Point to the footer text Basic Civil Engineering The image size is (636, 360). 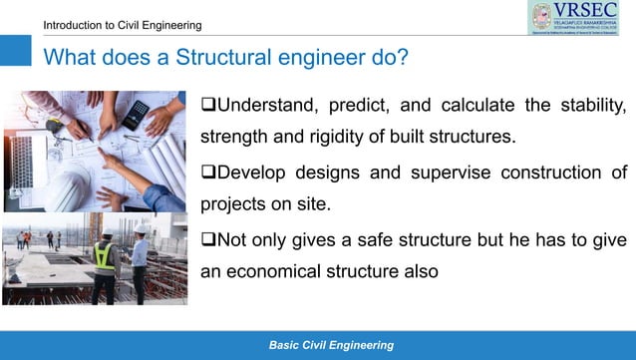pyautogui.click(x=331, y=345)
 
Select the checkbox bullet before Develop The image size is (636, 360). pyautogui.click(x=208, y=174)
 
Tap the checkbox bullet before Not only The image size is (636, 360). pyautogui.click(x=208, y=240)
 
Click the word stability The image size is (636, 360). pyautogui.click(x=590, y=106)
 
